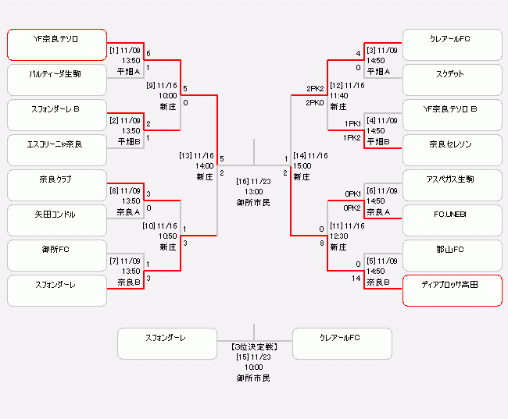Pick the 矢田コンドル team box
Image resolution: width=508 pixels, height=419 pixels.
pos(57,221)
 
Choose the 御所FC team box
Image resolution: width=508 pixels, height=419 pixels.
pos(57,256)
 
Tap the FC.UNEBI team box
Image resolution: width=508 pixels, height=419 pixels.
pos(452,221)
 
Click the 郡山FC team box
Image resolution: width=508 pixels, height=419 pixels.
pos(452,256)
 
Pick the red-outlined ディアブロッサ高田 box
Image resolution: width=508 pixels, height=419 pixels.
pos(452,291)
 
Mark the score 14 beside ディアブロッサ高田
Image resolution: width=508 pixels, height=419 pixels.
pos(356,278)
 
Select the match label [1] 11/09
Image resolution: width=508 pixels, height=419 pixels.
pos(125,50)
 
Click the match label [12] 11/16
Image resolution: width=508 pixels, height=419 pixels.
pos(347,85)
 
